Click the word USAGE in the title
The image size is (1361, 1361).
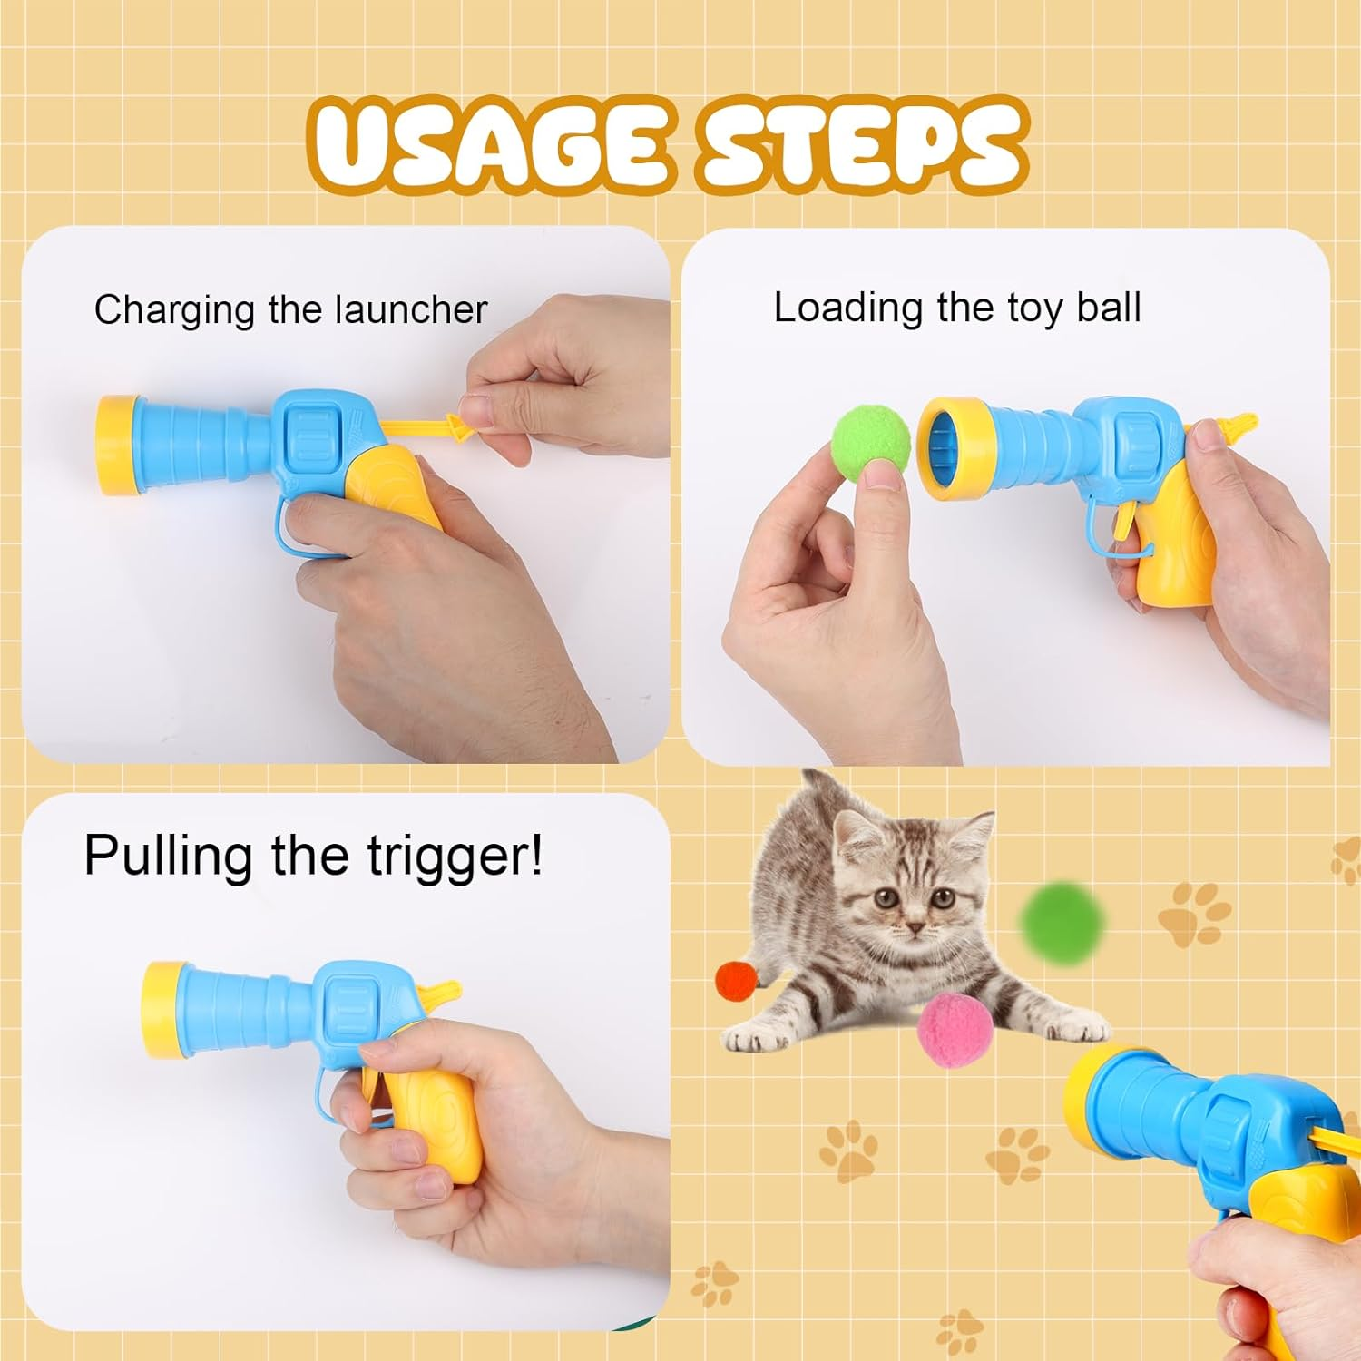pos(490,145)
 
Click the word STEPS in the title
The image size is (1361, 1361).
pos(862,145)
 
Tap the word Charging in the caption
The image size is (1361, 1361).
pos(176,310)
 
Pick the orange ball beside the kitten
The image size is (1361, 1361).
pos(737,981)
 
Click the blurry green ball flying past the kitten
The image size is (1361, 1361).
pos(1063,918)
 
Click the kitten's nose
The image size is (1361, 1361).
pos(916,927)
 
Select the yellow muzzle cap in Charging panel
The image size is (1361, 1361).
pos(116,445)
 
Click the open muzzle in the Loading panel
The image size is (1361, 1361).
pos(944,443)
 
